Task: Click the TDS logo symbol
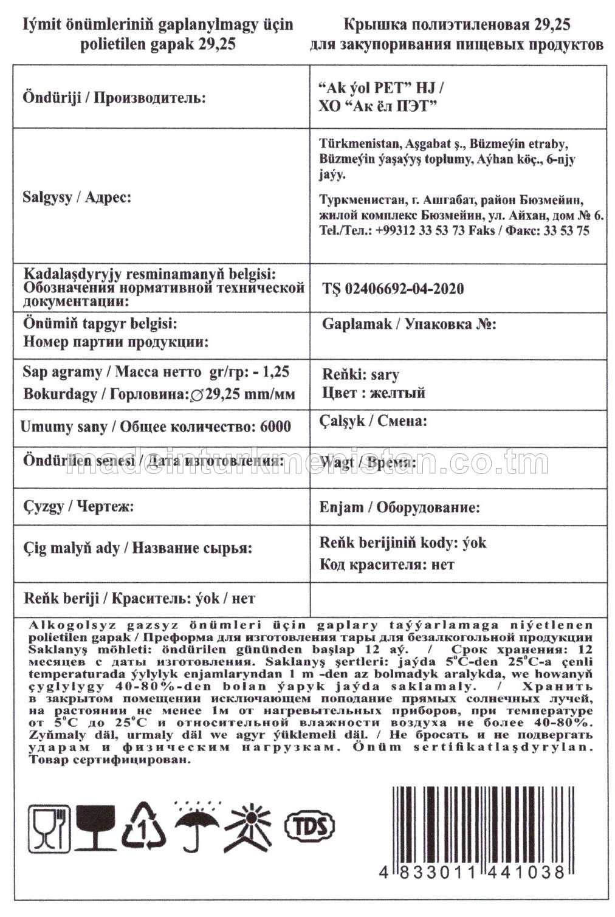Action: pyautogui.click(x=310, y=825)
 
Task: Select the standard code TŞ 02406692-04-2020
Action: pyautogui.click(x=393, y=289)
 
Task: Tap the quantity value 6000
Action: pyautogui.click(x=275, y=427)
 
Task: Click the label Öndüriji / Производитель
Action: pyautogui.click(x=114, y=98)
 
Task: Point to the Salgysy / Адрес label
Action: pyautogui.click(x=77, y=197)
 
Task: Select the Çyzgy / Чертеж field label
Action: pyautogui.click(x=78, y=506)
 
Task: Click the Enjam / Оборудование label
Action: pyautogui.click(x=399, y=507)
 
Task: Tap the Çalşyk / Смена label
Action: pyautogui.click(x=373, y=421)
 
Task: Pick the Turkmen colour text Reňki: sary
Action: pyautogui.click(x=360, y=374)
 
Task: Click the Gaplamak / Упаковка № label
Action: pyautogui.click(x=409, y=324)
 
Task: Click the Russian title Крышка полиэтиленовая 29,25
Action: pyautogui.click(x=456, y=25)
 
